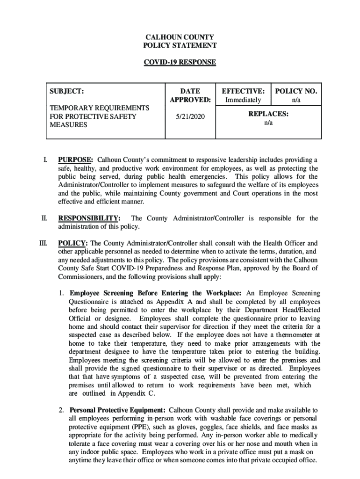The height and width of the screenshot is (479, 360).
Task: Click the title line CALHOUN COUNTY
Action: click(180, 37)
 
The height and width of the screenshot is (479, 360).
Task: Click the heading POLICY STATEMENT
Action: click(180, 46)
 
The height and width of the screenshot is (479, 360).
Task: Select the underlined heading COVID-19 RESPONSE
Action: click(180, 62)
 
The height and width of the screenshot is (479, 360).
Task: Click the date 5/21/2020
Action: click(190, 116)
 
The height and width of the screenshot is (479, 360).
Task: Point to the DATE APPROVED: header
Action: click(190, 95)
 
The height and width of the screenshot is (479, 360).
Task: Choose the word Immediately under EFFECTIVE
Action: click(243, 100)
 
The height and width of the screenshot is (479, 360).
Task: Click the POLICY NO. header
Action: click(296, 91)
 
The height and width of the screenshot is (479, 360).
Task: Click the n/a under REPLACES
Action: click(268, 123)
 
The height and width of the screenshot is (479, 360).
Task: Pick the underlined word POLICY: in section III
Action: click(72, 243)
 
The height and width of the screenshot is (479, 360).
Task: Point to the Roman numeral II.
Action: click(44, 218)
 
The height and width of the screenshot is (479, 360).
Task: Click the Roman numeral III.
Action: click(43, 243)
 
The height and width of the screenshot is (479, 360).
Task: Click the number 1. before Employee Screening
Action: click(61, 293)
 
